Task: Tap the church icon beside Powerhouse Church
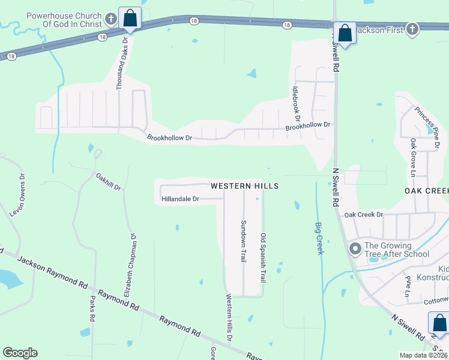click(x=110, y=19)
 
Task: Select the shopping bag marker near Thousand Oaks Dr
click(x=130, y=19)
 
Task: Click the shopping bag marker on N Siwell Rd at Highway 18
click(x=345, y=34)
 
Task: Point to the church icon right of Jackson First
click(x=412, y=29)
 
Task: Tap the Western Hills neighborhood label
click(x=244, y=186)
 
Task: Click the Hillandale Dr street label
click(x=180, y=199)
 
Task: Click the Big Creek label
click(x=319, y=238)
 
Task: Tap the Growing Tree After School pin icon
click(x=355, y=248)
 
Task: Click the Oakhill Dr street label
click(x=109, y=181)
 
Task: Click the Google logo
click(x=20, y=353)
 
